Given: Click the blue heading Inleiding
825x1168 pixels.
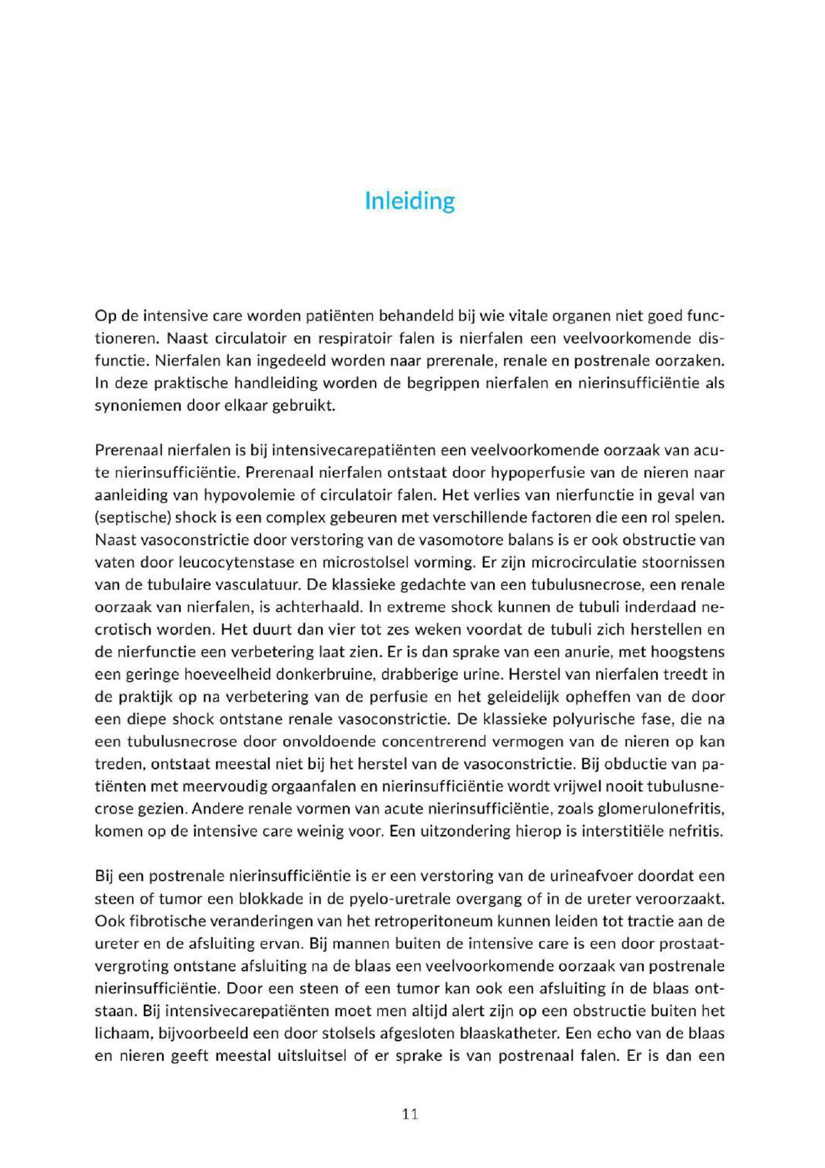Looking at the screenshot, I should point(410,202).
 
